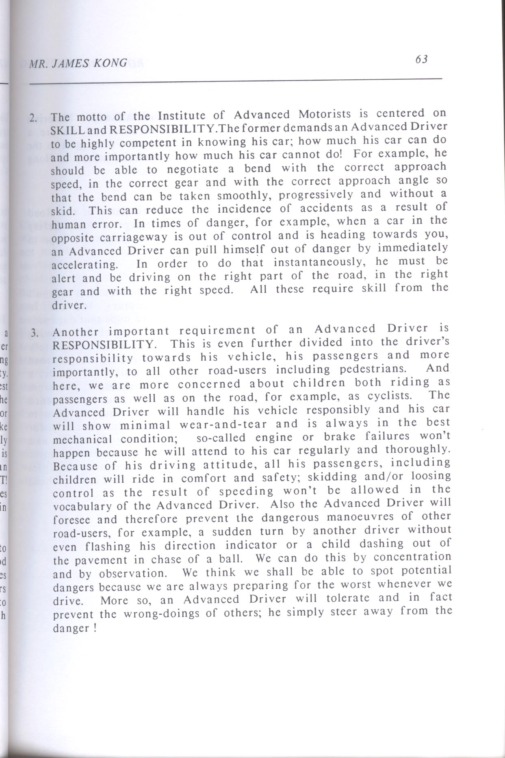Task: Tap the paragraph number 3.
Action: [35, 333]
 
